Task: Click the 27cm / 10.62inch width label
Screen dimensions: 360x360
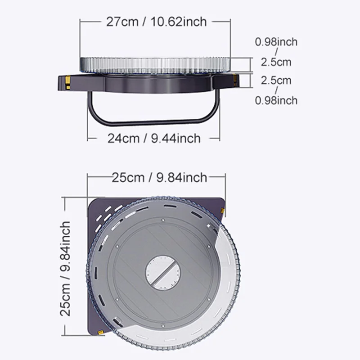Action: (x=156, y=22)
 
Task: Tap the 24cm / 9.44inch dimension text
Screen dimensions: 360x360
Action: (x=154, y=139)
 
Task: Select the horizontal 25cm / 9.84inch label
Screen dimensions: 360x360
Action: (x=159, y=177)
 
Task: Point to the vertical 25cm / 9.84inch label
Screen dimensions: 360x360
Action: (x=65, y=269)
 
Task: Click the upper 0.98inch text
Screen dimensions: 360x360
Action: (x=276, y=42)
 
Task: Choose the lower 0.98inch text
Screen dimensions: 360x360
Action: (x=276, y=100)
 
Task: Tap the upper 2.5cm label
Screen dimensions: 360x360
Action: (x=276, y=62)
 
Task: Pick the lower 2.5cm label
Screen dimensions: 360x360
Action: (x=276, y=81)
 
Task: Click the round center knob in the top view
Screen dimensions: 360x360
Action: (x=163, y=273)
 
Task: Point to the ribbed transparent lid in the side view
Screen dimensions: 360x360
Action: (x=155, y=65)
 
